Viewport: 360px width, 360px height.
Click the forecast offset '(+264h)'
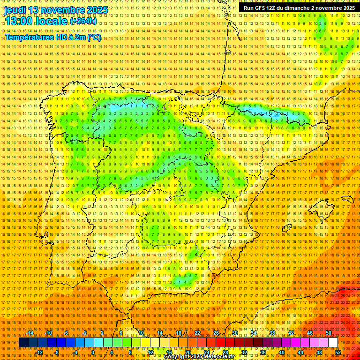tap(83, 21)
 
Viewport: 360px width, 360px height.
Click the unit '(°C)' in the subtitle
tap(94, 37)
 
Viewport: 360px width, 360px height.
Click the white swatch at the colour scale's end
tap(333, 343)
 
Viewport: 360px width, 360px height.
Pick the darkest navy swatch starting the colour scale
tap(23, 343)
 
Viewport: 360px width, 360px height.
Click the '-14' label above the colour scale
tap(30, 333)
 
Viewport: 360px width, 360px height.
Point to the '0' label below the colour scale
tap(93, 352)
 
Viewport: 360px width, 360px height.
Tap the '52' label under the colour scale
tap(337, 352)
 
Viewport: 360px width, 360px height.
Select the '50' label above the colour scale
tap(329, 333)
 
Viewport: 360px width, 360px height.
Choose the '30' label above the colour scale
tap(234, 333)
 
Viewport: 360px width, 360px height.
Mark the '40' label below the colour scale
tap(281, 352)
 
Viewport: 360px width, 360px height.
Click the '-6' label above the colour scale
tap(67, 333)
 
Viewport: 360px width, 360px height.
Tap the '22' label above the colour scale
tap(197, 333)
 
